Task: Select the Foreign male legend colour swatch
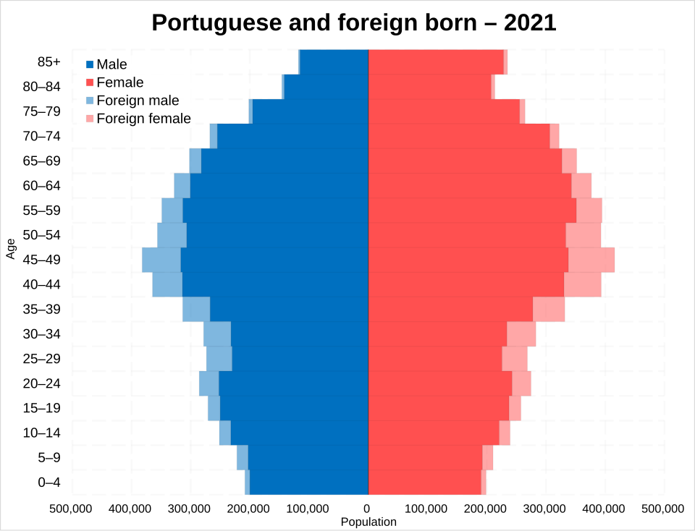tap(90, 101)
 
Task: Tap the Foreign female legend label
tap(143, 119)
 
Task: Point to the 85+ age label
tap(49, 62)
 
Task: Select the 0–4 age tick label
tap(49, 483)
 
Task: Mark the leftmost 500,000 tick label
tap(71, 509)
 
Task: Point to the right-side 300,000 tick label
tap(545, 509)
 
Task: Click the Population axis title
tap(368, 522)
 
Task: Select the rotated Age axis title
tap(11, 248)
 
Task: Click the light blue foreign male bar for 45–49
tap(161, 260)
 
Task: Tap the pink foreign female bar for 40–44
tap(582, 284)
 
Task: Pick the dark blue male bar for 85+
tap(334, 62)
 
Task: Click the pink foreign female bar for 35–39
tap(548, 309)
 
